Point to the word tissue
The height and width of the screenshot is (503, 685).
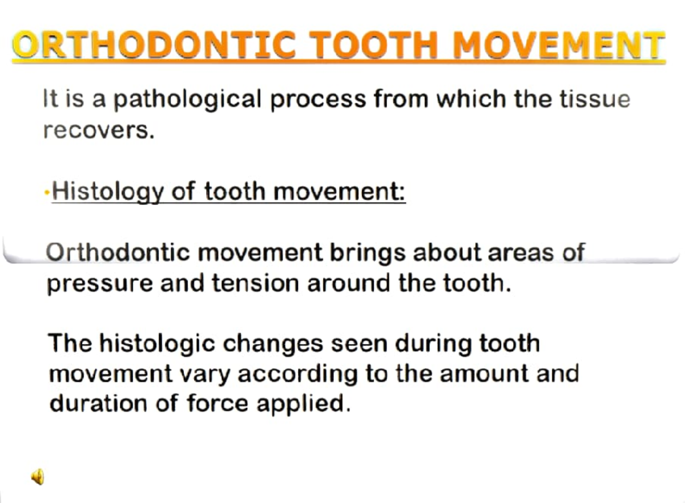[597, 99]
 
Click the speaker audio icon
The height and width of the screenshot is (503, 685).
[38, 476]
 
